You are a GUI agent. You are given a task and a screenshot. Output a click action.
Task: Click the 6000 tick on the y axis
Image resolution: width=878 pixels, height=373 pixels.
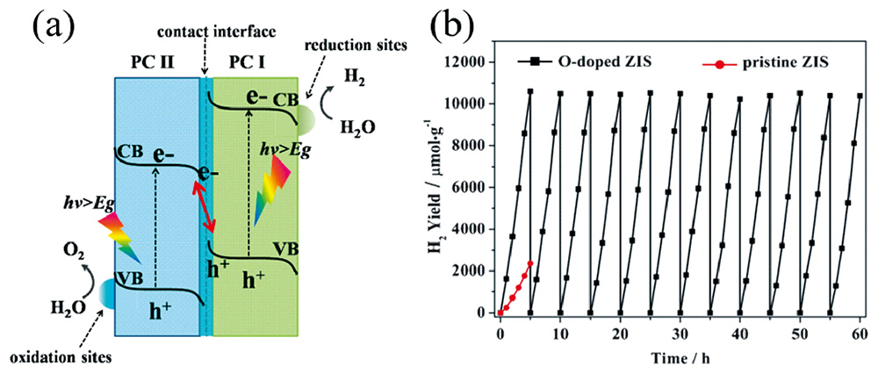point(472,187)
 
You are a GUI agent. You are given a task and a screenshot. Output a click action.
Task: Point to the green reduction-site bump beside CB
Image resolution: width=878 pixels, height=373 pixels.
point(306,117)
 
